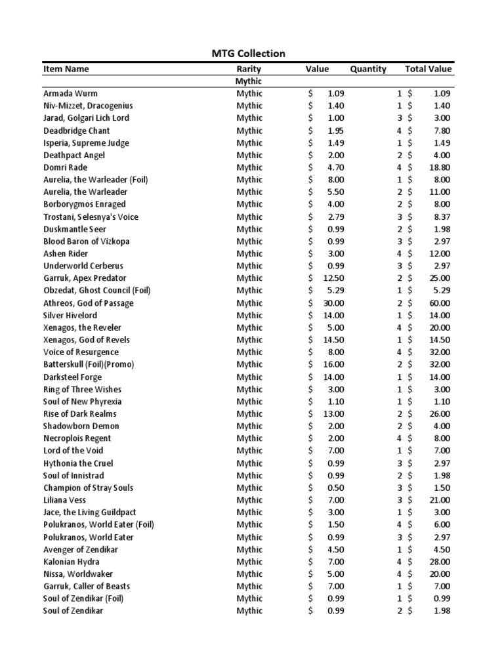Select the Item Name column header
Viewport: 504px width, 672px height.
pos(66,69)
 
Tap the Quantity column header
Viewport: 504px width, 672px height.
pos(367,69)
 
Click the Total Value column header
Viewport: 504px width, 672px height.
pos(429,69)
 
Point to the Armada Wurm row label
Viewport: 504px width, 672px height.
pos(70,93)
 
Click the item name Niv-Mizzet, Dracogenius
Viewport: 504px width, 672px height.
pos(88,106)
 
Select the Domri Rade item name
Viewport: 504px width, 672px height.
pos(66,167)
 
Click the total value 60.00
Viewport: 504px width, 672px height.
pos(440,303)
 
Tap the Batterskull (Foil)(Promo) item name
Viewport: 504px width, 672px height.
pos(92,364)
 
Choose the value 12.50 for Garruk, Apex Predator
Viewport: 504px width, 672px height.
pos(333,278)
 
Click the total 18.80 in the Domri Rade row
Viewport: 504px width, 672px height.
pos(440,167)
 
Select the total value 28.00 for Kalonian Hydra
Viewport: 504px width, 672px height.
pos(440,562)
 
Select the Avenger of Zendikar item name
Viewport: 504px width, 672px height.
pos(79,549)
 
